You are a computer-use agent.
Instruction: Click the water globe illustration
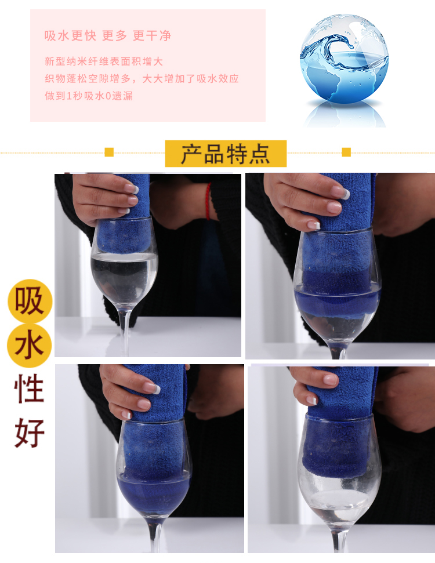344,59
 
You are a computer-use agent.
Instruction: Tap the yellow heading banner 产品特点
226,154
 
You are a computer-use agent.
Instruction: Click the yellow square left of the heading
109,152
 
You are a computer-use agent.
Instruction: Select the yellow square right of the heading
346,152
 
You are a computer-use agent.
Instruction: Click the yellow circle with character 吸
30,301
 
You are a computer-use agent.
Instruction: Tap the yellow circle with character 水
30,346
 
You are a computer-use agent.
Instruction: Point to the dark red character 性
30,388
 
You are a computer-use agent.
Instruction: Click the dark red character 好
30,433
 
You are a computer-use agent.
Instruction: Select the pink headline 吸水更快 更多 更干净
108,35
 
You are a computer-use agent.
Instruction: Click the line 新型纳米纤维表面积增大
104,61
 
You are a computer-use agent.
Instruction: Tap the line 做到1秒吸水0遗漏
89,96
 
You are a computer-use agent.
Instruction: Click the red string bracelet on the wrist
208,201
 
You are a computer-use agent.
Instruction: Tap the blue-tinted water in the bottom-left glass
154,493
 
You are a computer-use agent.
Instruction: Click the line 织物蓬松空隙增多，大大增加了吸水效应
142,79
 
